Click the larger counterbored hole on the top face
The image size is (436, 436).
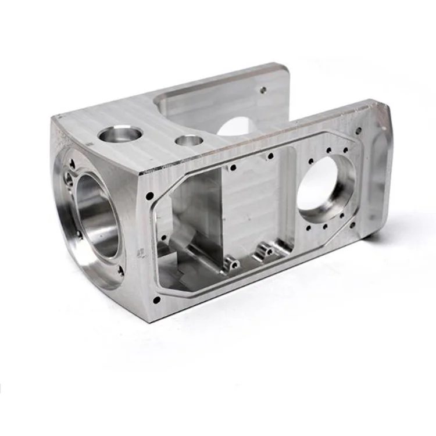click(x=120, y=135)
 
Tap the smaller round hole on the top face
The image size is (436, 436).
click(x=188, y=140)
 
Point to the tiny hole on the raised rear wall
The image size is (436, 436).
click(x=263, y=90)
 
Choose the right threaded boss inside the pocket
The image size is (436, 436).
click(x=267, y=251)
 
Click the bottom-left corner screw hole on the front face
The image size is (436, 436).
click(x=156, y=300)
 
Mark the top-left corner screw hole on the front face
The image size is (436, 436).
click(x=149, y=195)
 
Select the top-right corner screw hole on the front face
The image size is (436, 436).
click(x=359, y=130)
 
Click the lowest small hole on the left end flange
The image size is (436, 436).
click(x=121, y=270)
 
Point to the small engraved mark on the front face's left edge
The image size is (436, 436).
click(x=140, y=252)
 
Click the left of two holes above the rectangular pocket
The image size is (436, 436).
click(x=233, y=167)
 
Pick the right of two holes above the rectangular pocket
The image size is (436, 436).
click(x=270, y=156)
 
